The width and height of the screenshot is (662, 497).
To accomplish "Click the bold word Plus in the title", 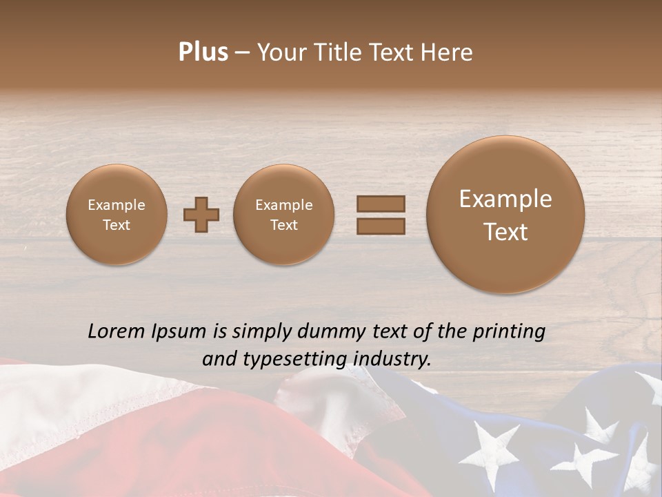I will point(203,52).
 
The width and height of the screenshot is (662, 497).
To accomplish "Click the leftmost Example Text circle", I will point(117,215).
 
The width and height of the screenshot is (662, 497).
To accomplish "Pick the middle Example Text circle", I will point(283,215).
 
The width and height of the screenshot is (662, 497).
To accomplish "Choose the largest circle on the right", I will point(505,215).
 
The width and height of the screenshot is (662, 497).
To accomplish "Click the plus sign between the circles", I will point(201,215).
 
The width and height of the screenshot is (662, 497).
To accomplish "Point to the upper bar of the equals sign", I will point(381,204).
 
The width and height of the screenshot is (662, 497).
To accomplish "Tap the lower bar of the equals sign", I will point(381,226).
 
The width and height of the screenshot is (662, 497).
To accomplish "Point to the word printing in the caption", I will point(509,332).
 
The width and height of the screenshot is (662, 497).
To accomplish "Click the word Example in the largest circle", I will point(505,199).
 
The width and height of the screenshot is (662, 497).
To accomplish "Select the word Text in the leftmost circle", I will point(117,225).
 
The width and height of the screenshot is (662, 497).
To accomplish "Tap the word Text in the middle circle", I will point(283,225).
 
